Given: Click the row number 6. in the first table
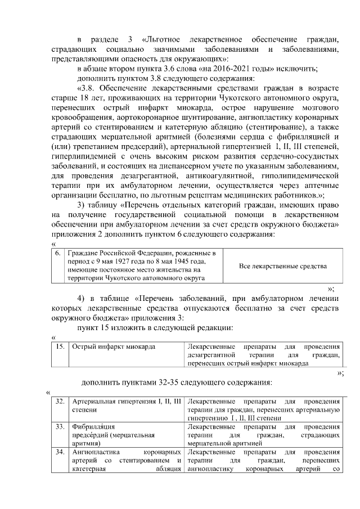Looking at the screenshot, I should click(x=58, y=254).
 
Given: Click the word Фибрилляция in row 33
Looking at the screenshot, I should click(x=94, y=426).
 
